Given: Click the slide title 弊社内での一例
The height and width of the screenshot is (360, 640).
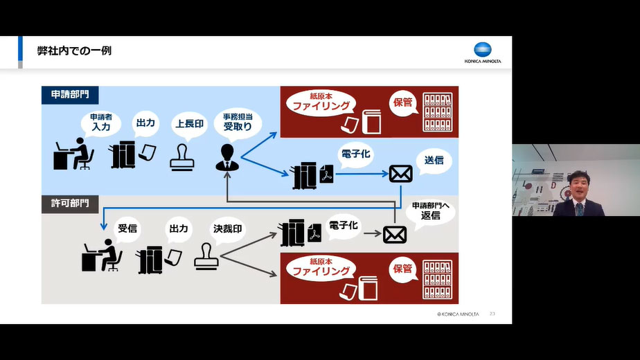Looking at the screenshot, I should [x=74, y=51].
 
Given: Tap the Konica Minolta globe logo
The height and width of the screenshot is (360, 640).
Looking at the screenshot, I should [x=483, y=50].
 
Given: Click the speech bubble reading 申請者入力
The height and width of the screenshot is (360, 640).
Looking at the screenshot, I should [x=101, y=123].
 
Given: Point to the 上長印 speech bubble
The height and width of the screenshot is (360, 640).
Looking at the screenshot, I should [x=189, y=123].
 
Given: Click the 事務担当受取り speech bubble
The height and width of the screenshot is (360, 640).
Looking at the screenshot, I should [x=237, y=123].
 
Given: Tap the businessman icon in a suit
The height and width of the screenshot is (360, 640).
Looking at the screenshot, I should [x=226, y=157].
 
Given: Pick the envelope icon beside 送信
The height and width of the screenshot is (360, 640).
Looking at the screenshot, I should [x=400, y=174].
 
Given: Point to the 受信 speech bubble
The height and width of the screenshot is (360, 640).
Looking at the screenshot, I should [x=127, y=228].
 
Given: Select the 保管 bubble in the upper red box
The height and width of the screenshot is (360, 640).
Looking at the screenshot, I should [x=402, y=102].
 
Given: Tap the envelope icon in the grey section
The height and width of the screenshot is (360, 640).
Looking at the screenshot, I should [x=395, y=234].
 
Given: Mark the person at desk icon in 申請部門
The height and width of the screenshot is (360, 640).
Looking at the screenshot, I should [x=73, y=154].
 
